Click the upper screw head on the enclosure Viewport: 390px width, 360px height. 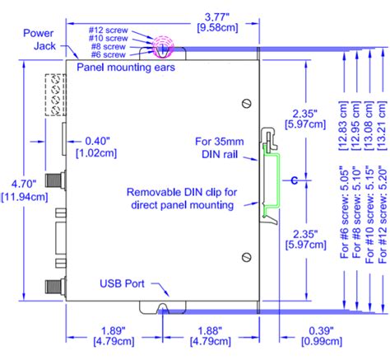tap(245, 103)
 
